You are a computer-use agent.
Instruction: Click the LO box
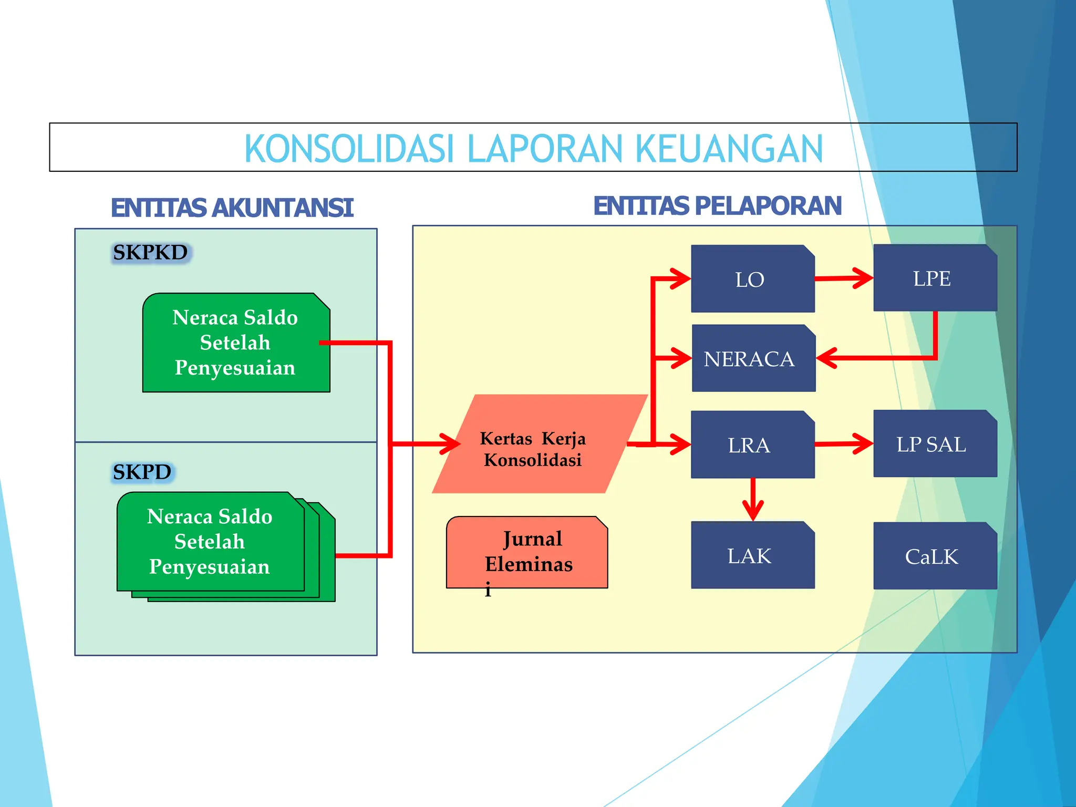(x=752, y=279)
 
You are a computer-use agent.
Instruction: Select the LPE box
(x=935, y=278)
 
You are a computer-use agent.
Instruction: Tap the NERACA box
(x=753, y=358)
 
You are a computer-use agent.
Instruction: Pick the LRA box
(x=752, y=444)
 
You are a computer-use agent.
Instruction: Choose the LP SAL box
(x=935, y=444)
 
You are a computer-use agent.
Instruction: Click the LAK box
(x=752, y=555)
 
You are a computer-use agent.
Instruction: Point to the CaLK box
(x=935, y=556)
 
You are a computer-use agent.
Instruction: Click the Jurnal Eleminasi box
(x=527, y=552)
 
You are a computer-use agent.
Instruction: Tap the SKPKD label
(x=150, y=253)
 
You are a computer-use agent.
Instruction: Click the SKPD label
(x=142, y=472)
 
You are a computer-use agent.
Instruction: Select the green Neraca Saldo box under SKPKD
(x=236, y=343)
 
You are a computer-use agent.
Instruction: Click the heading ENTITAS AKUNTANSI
(x=232, y=208)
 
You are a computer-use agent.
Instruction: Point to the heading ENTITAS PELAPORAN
(x=717, y=205)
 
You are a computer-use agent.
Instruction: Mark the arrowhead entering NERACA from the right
(x=826, y=358)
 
